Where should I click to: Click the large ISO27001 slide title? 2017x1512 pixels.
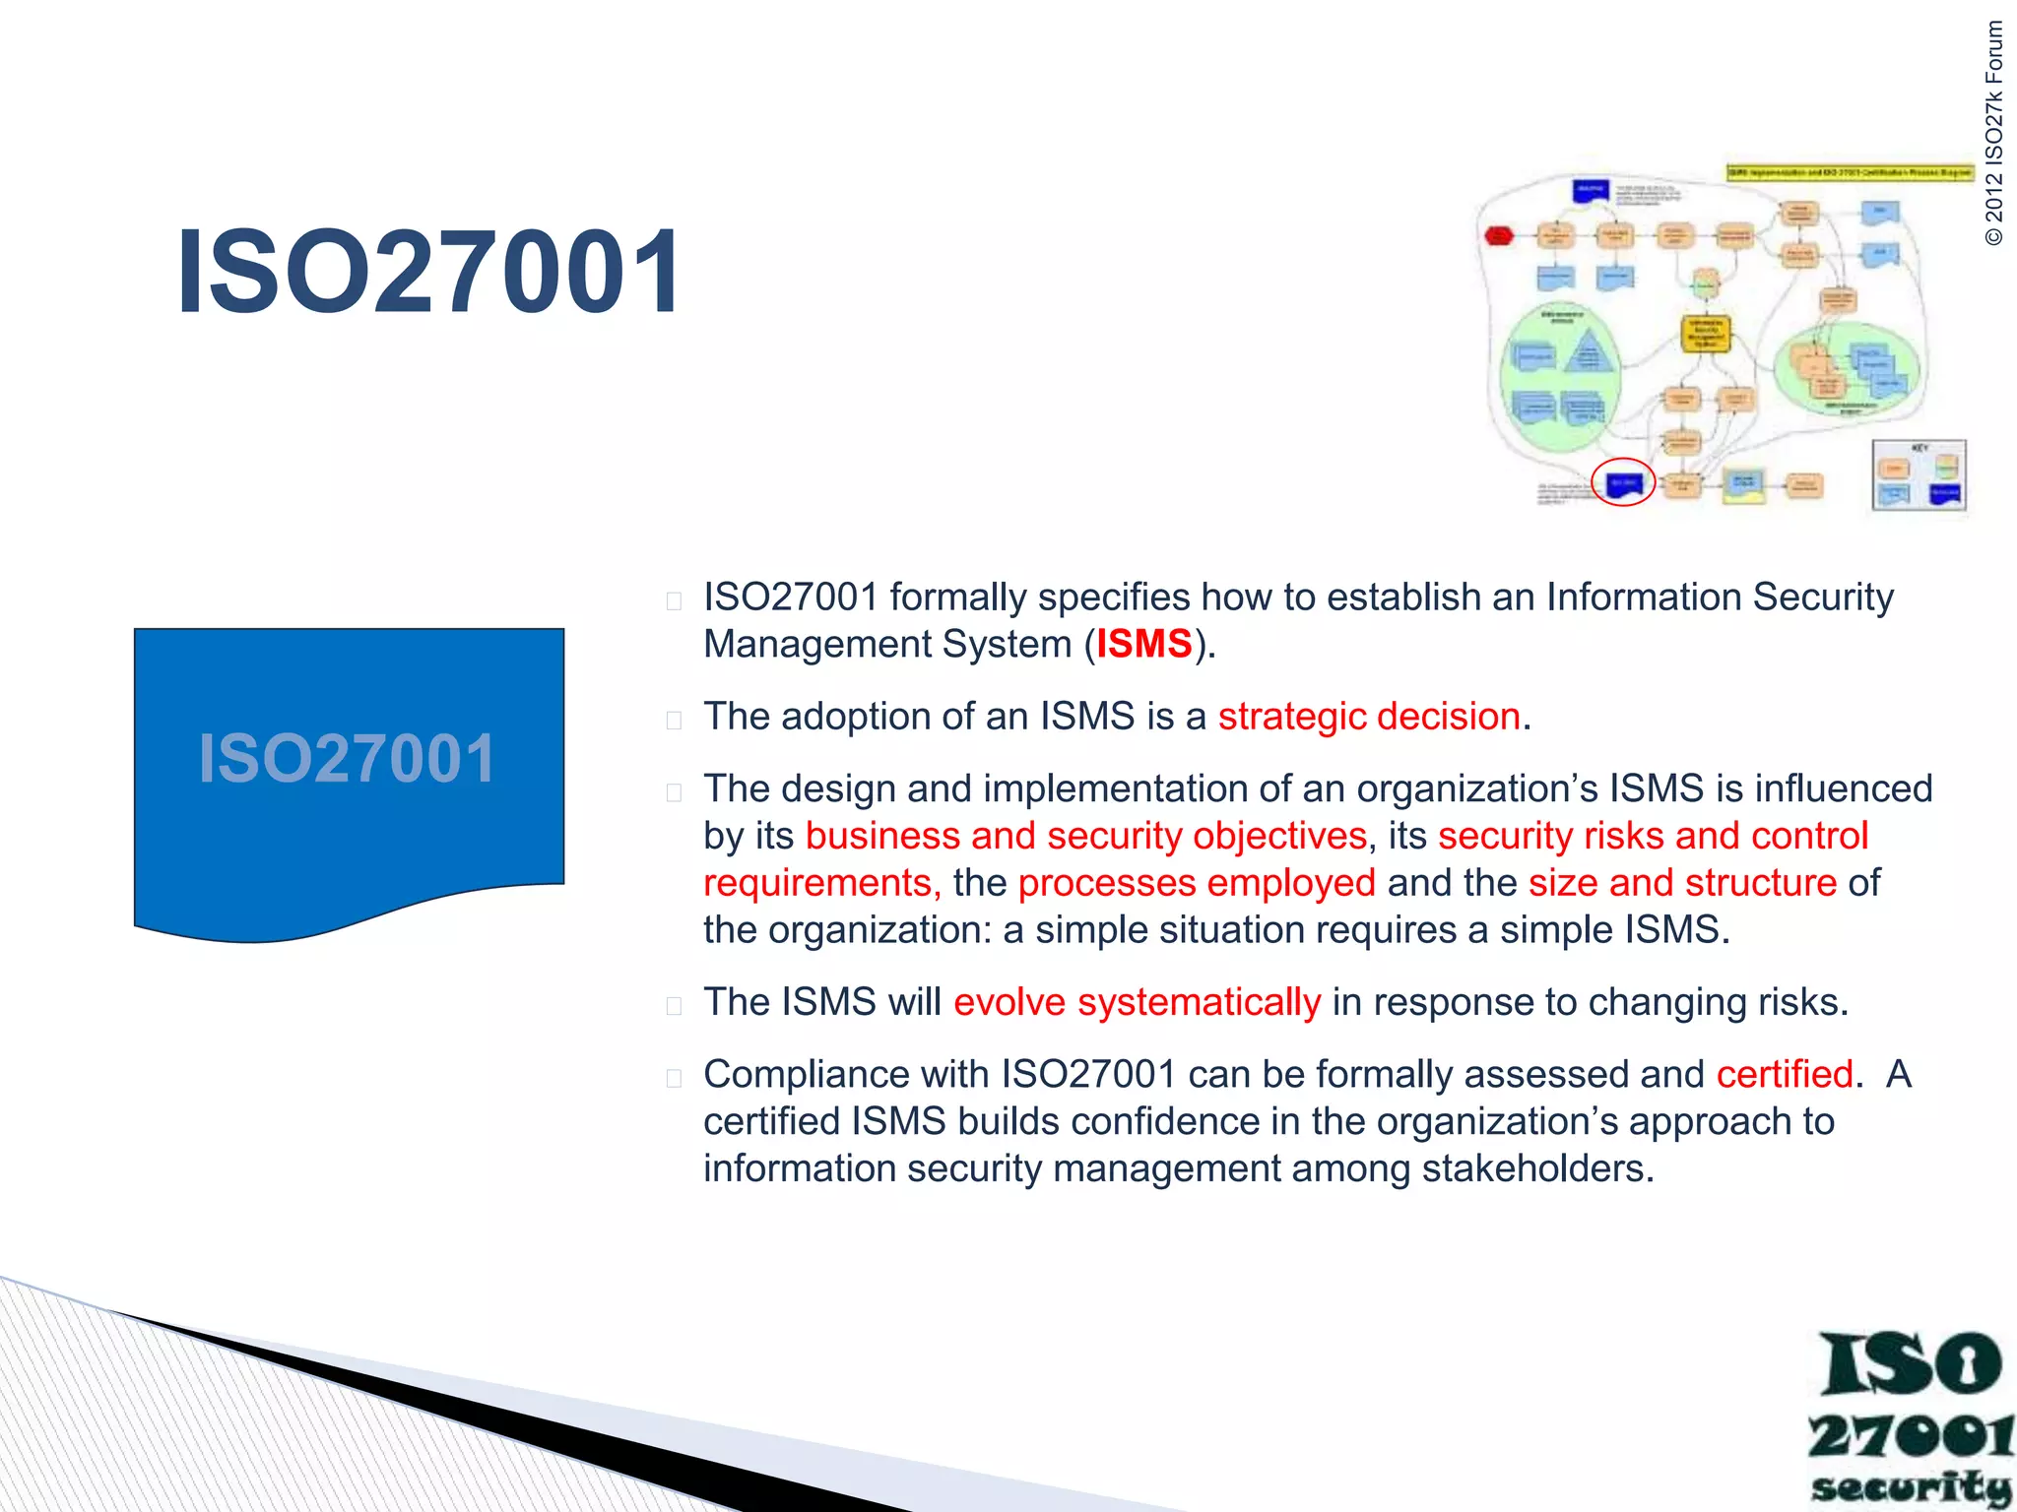(428, 272)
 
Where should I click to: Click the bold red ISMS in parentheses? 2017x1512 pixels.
(1143, 644)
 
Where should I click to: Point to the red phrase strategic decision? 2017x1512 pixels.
(1369, 717)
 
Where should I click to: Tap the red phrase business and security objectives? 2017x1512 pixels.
(1086, 836)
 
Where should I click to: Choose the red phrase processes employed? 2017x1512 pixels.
(1197, 883)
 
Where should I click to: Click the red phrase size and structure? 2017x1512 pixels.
(1682, 883)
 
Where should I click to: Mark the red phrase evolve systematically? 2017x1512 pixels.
(1137, 1002)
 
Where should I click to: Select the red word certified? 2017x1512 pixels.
(1785, 1074)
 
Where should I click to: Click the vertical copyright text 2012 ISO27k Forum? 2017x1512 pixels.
(1993, 133)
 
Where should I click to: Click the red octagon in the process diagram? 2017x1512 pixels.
(1499, 236)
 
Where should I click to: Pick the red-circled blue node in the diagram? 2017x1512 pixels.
(1623, 482)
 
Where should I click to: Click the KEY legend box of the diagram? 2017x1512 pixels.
(1919, 475)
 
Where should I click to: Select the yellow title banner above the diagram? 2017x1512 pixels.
(1849, 173)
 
